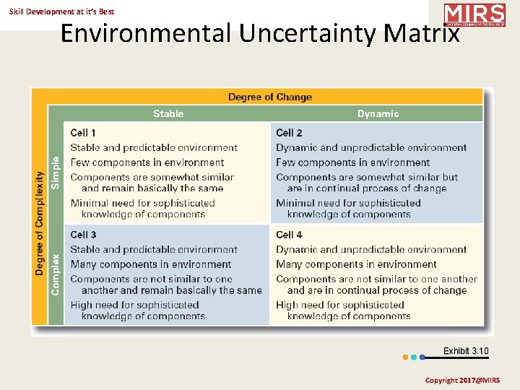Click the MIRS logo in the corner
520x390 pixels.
point(474,14)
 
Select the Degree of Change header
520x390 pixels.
point(270,97)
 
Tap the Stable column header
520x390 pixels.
point(168,113)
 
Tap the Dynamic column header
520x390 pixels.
point(378,113)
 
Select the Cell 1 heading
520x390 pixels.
point(83,133)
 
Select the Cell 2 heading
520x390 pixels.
point(289,133)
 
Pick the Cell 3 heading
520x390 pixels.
point(83,235)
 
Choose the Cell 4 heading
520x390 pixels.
point(289,235)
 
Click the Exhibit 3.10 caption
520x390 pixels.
point(466,351)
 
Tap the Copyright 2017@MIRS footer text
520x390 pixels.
point(461,380)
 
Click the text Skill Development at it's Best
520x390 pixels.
point(61,12)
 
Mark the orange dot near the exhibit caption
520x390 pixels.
point(405,357)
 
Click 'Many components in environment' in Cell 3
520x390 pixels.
point(150,264)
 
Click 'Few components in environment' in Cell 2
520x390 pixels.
point(352,162)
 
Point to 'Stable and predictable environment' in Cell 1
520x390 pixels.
point(154,147)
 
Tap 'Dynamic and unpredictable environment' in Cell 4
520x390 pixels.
point(371,249)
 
